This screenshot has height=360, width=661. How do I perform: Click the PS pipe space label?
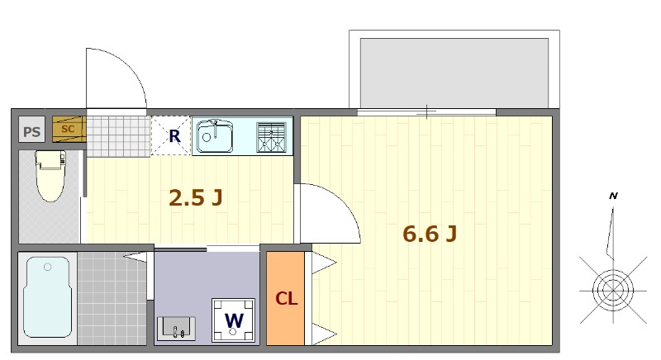point(31,132)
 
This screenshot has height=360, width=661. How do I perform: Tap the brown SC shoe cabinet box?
point(69,129)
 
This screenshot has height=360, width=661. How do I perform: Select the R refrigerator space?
point(171,136)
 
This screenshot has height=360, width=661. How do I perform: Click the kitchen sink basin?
point(215,136)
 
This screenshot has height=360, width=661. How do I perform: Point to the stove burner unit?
point(272,137)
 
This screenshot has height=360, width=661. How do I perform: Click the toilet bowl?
point(51,176)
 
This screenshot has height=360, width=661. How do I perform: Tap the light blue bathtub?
point(47,297)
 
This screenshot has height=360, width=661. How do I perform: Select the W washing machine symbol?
point(233,320)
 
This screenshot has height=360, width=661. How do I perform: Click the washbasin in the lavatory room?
point(176,329)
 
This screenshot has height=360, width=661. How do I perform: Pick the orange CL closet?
point(285,298)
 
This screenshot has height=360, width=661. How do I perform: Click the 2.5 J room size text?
point(195,197)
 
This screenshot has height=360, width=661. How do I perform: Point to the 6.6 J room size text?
point(430,234)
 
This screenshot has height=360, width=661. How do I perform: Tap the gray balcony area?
point(454,73)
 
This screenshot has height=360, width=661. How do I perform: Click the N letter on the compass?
point(613,196)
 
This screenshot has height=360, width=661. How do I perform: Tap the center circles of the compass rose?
point(613,290)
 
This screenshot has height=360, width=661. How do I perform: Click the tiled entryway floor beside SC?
point(118,136)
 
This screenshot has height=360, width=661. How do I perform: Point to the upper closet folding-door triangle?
point(324,263)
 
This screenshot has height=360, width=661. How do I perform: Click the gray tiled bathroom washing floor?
point(112,298)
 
